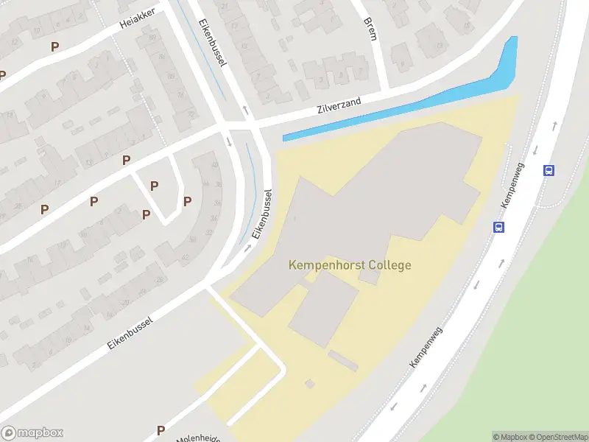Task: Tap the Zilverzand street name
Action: point(339,107)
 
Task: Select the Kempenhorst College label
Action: point(350,265)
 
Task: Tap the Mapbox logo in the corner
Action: point(32,433)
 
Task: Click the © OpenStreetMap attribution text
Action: point(557,437)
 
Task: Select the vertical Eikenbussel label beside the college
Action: point(262,214)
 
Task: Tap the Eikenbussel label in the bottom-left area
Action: point(129,333)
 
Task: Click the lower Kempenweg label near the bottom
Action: point(426,348)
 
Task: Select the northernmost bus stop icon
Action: point(549,170)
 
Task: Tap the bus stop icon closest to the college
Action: point(499,228)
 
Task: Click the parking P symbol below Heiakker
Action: point(54,46)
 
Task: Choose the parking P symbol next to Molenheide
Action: point(161,430)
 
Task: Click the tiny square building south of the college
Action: point(309,383)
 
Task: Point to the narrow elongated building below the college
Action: point(343,360)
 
